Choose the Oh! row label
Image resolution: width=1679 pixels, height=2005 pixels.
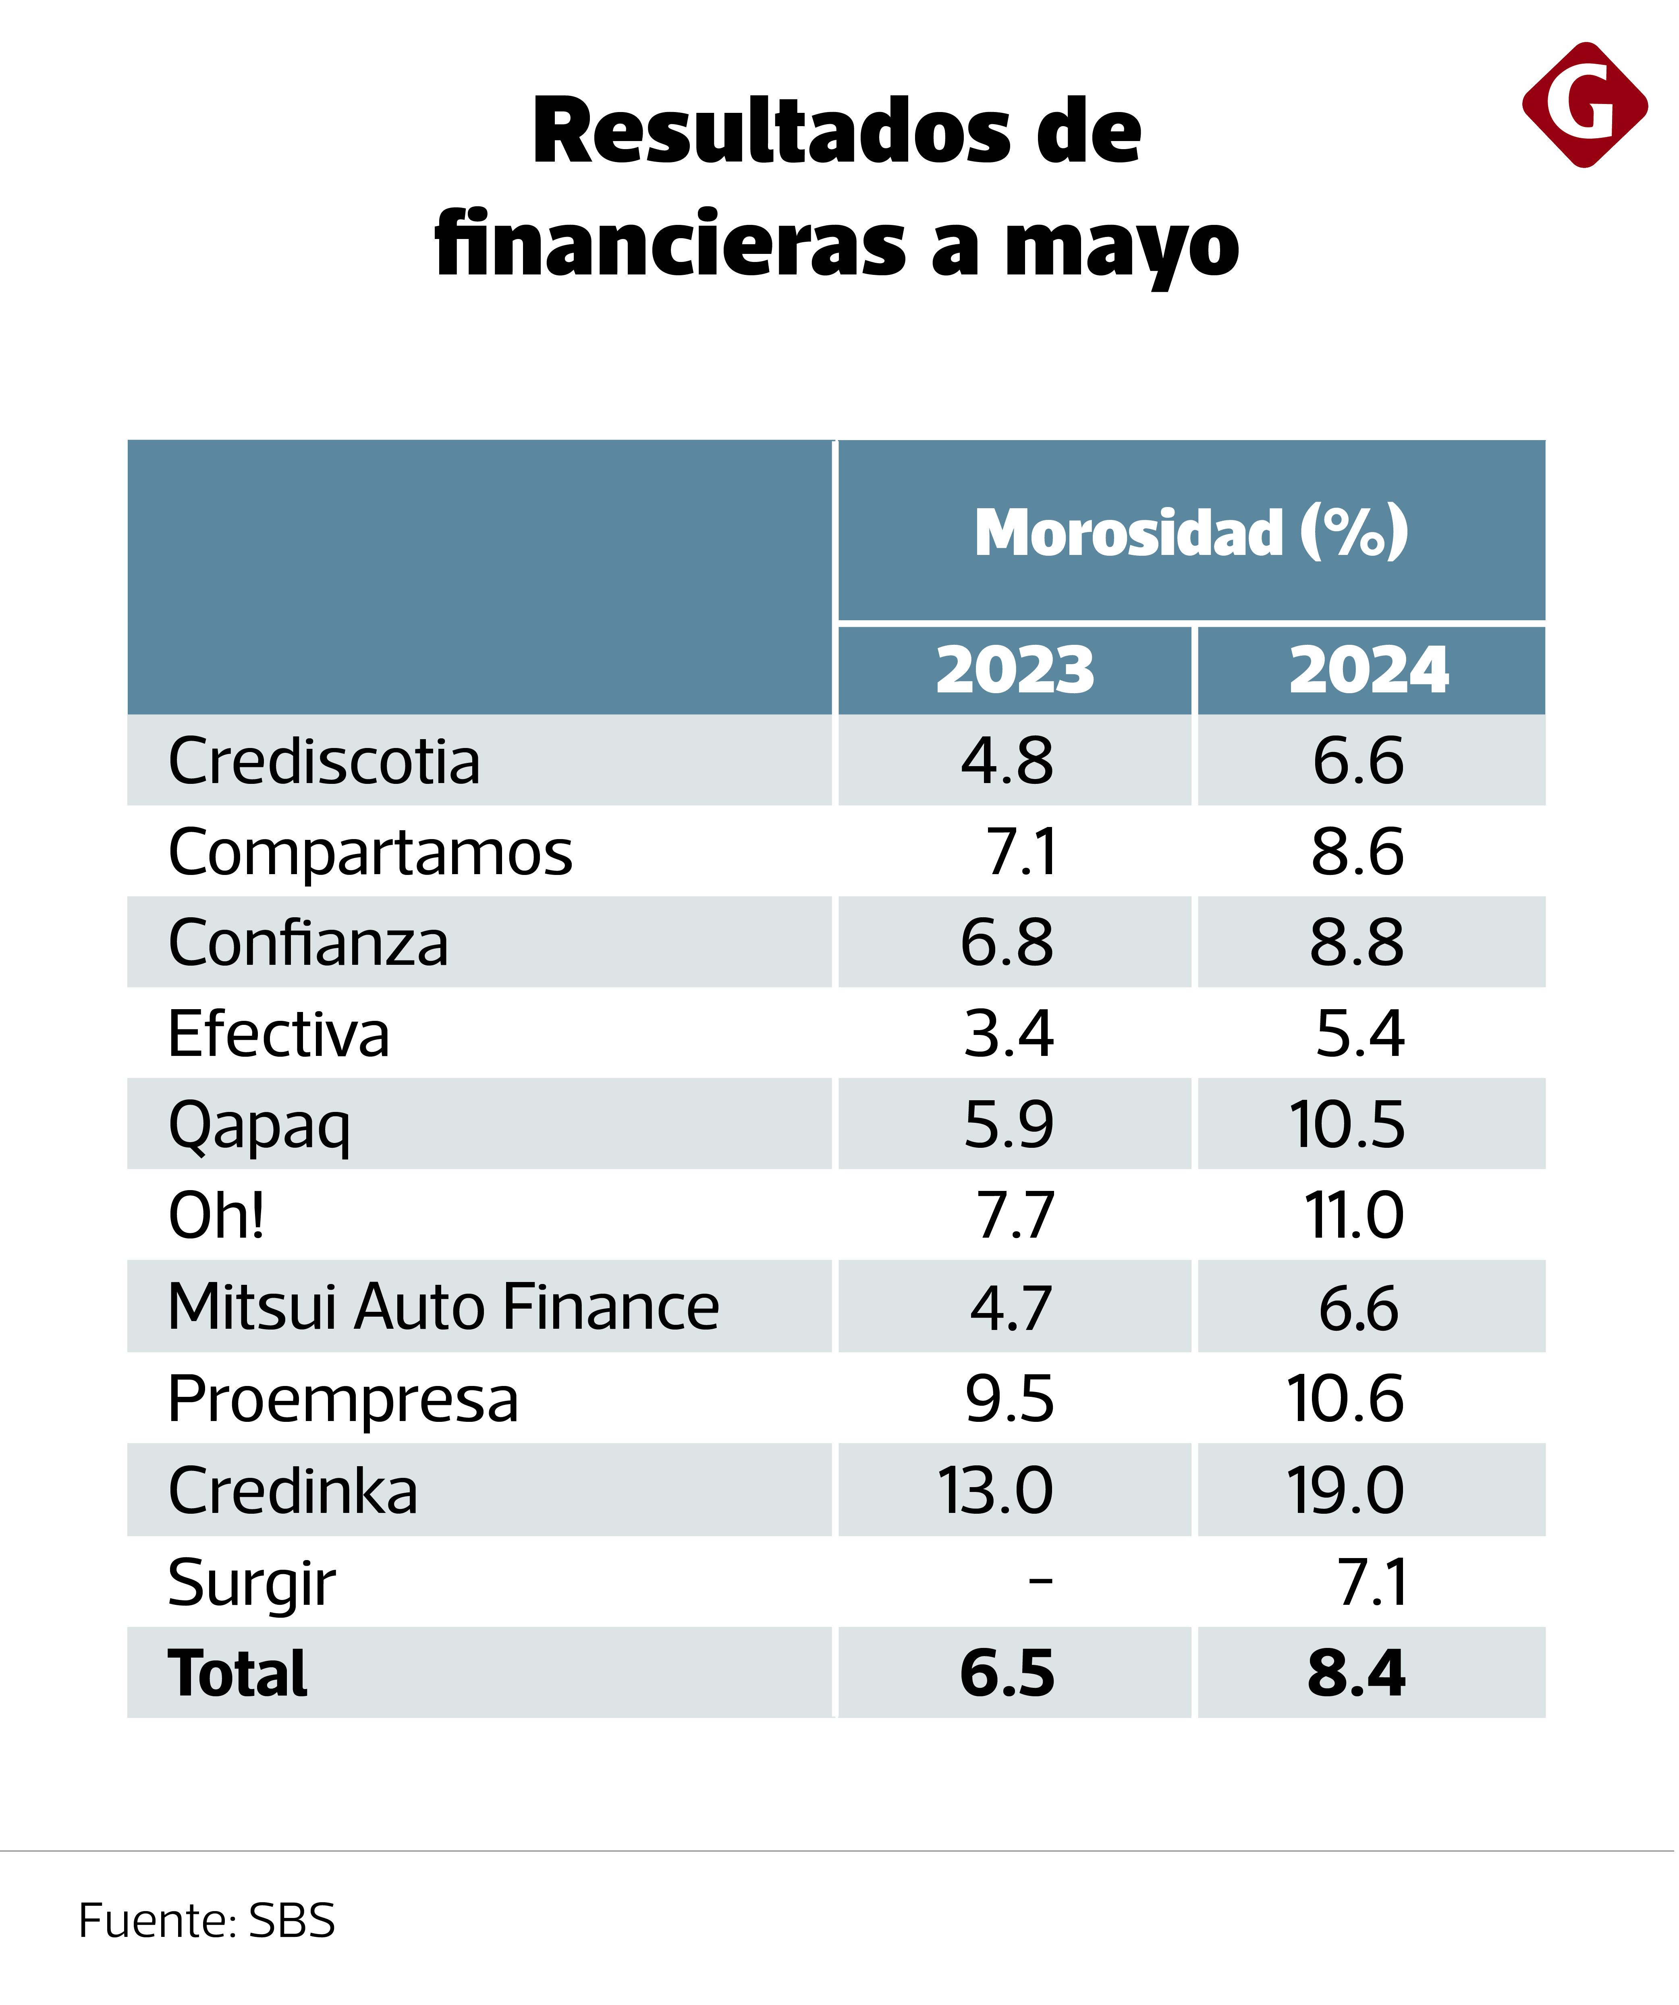click(x=216, y=1215)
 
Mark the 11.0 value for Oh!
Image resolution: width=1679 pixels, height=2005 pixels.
click(x=1353, y=1215)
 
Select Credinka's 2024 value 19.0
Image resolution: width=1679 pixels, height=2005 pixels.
click(x=1345, y=1490)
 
